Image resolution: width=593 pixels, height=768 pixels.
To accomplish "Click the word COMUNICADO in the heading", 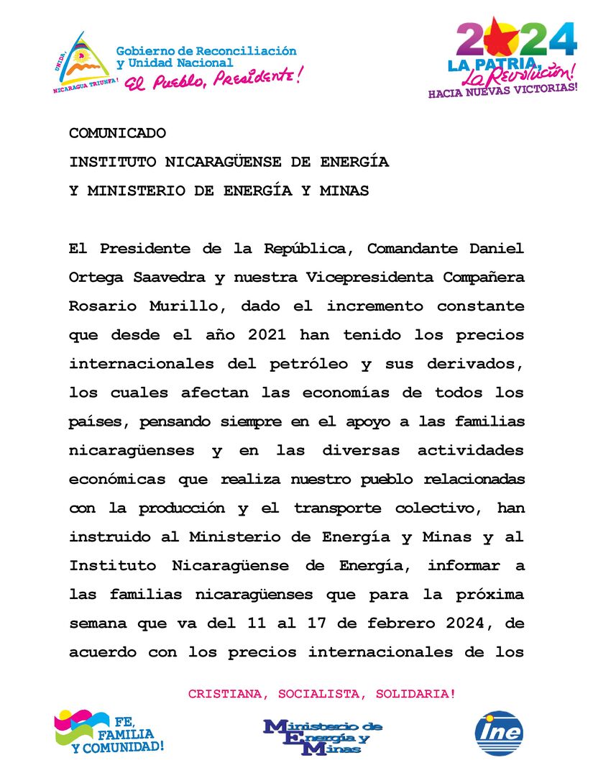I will click(117, 133).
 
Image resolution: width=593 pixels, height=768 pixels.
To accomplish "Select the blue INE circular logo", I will click(499, 733).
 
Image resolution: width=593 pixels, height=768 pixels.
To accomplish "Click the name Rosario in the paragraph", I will click(97, 306).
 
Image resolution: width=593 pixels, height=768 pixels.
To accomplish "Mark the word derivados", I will click(482, 364).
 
